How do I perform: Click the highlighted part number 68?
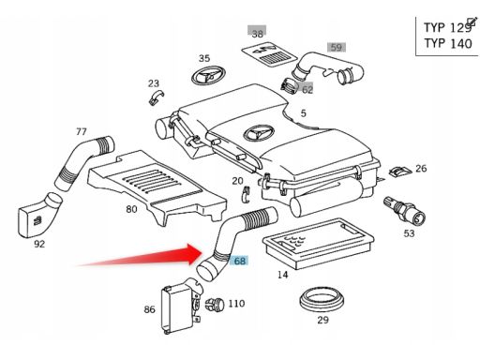tap(239, 261)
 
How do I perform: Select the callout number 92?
tap(39, 244)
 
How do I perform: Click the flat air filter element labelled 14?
tap(318, 243)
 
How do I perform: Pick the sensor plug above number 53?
tap(405, 210)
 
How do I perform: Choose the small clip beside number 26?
tap(400, 171)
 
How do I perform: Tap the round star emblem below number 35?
tap(208, 75)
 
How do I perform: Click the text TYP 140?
tap(448, 43)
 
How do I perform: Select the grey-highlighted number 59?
tap(337, 48)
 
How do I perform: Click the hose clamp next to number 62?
tap(289, 85)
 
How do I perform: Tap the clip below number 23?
tap(157, 97)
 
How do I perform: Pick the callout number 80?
tap(131, 209)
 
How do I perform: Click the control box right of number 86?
tap(181, 307)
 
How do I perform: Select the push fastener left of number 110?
tap(215, 304)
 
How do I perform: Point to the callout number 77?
tap(81, 131)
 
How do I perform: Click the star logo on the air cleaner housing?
tap(259, 134)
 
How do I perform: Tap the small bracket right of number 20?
tap(247, 194)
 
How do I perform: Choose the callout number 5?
tap(304, 113)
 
